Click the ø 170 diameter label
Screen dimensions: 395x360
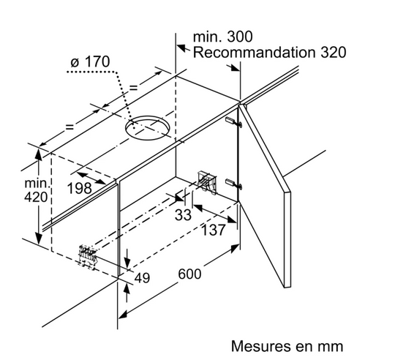90,61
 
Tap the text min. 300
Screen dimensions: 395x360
222,37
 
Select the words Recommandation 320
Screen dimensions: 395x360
269,53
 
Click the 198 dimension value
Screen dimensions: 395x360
79,188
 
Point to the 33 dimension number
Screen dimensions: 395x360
183,215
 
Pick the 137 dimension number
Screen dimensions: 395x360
213,230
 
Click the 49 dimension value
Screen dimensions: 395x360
143,277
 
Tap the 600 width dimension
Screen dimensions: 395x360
190,274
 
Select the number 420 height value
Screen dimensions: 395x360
36,197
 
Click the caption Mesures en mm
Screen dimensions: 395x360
287,346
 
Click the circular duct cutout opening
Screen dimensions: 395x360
147,128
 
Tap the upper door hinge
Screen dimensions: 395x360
234,121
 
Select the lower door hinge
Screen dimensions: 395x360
234,183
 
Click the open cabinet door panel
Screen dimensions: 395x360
265,195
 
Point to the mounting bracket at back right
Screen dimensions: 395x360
207,181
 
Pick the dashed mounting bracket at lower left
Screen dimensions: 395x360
88,257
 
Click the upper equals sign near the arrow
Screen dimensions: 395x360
133,88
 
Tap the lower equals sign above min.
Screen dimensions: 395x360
69,127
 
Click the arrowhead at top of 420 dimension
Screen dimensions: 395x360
38,154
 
